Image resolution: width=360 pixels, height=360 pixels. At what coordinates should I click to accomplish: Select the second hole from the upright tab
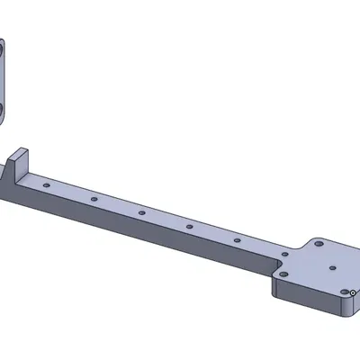pos(93,197)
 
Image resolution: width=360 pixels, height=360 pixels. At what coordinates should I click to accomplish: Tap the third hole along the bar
pos(141,212)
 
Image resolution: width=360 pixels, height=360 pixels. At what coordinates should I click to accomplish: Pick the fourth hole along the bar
pos(189,227)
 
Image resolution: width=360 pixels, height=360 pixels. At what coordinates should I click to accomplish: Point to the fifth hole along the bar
pos(236,241)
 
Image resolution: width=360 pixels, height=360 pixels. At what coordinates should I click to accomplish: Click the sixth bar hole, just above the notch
pos(283,255)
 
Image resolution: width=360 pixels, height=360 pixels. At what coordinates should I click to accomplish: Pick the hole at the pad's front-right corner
pos(345,292)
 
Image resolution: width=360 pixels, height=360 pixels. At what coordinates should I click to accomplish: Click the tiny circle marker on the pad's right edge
pos(354,292)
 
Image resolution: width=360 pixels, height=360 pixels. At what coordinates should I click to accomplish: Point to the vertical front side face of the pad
pos(306,297)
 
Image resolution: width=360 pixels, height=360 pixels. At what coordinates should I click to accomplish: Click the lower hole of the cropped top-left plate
pos(2,109)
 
